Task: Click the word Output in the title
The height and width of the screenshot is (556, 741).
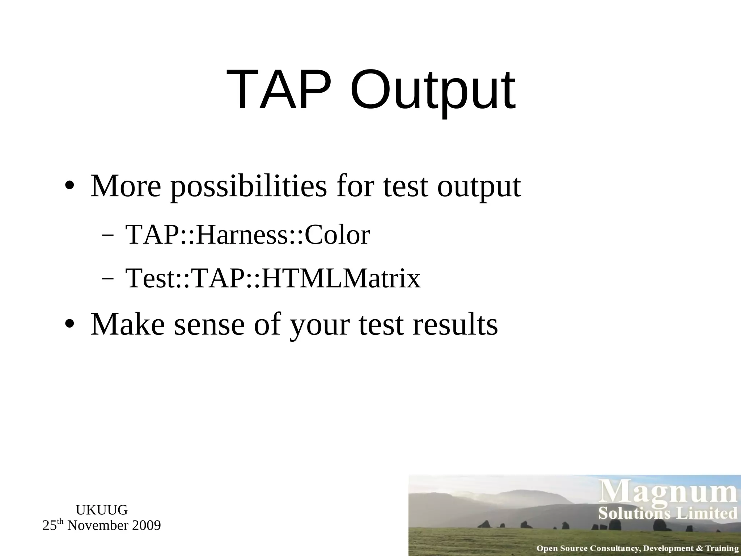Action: coord(432,90)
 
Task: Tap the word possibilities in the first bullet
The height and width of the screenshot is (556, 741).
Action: coord(249,186)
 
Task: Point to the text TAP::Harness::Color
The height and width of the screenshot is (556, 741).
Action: coord(247,235)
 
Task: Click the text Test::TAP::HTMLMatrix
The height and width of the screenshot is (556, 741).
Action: coord(273,278)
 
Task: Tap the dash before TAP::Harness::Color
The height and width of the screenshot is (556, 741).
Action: coord(107,236)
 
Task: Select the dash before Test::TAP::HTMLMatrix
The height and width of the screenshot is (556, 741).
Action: coord(107,279)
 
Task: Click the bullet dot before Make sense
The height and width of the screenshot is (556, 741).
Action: coord(69,324)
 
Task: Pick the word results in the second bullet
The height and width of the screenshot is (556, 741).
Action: coord(455,324)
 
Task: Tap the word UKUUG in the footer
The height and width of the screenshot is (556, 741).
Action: coord(102,510)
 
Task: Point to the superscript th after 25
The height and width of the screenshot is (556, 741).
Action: coord(60,522)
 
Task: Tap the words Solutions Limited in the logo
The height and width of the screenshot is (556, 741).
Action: coord(668,513)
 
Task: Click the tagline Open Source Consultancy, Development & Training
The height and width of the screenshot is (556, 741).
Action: coord(637,548)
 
